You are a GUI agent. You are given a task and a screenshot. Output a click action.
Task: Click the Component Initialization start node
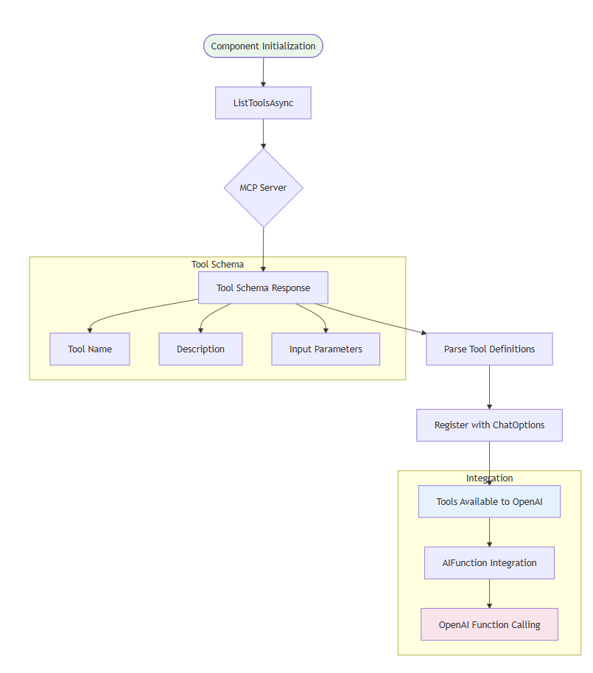click(263, 46)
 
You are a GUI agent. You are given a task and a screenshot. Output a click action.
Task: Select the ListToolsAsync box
click(263, 103)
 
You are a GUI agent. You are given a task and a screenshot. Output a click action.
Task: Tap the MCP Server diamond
click(263, 188)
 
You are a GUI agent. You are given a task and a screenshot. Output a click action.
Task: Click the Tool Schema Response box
click(263, 287)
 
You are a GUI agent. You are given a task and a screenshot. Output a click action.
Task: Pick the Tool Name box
click(90, 349)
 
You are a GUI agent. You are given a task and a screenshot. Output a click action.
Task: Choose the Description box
click(200, 349)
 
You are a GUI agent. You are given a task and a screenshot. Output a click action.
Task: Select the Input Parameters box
click(326, 349)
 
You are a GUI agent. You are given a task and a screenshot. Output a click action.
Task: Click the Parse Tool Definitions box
click(489, 349)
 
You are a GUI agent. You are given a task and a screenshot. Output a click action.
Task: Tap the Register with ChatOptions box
click(489, 425)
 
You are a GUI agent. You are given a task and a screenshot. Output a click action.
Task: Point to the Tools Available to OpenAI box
click(489, 501)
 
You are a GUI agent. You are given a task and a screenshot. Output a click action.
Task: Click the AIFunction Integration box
click(489, 562)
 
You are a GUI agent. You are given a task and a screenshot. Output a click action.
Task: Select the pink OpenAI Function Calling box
click(489, 624)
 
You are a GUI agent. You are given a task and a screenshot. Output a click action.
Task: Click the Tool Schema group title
click(217, 264)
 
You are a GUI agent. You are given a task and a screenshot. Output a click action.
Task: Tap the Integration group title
click(489, 478)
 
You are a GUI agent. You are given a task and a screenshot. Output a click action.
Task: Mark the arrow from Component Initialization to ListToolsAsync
click(263, 72)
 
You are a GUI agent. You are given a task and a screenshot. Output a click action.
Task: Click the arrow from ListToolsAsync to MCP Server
click(263, 134)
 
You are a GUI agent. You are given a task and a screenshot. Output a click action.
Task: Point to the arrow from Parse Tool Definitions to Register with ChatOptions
click(489, 387)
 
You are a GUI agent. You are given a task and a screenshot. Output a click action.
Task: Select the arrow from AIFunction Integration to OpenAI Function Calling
click(489, 593)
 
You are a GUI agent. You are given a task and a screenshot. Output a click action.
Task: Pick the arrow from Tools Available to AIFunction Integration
click(489, 532)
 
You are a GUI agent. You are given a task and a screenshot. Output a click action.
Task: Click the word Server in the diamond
click(273, 188)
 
